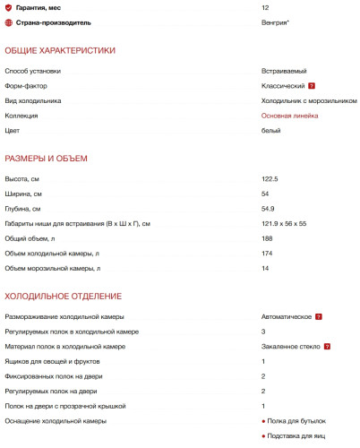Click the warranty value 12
[x=265, y=7]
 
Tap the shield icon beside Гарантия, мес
[x=8, y=7]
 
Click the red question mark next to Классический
[x=312, y=86]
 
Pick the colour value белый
[x=270, y=131]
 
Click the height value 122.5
[x=270, y=179]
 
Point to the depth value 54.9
[x=268, y=209]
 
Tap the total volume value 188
[x=267, y=238]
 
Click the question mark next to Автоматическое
[x=319, y=317]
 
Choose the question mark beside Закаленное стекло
[x=329, y=347]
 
